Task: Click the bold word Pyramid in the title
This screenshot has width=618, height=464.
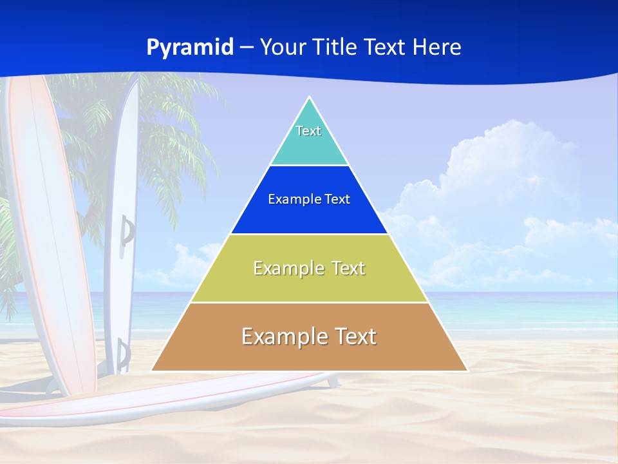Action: click(190, 48)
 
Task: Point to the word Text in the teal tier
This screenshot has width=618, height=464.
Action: click(308, 131)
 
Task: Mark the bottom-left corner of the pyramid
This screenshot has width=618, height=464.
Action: click(153, 370)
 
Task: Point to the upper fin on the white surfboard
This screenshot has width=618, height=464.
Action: click(127, 231)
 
